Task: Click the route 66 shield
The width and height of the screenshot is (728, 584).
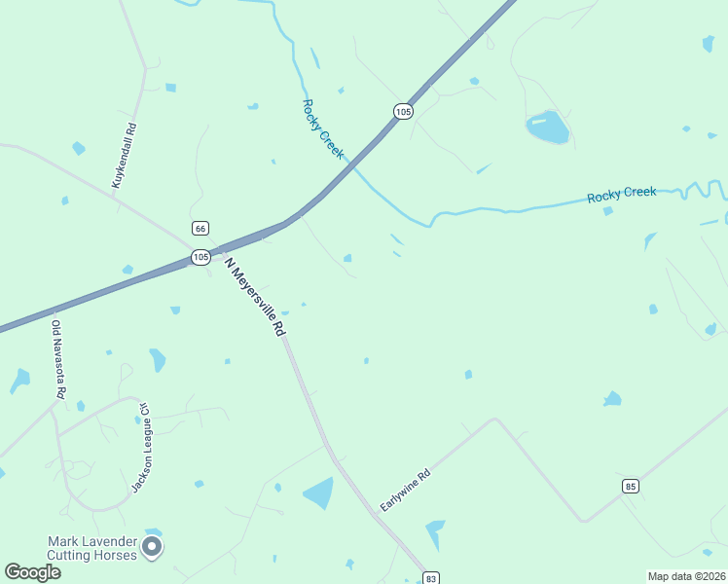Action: click(x=200, y=228)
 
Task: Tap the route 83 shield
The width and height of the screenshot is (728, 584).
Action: click(x=431, y=578)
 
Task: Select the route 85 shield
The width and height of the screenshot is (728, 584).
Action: click(x=632, y=485)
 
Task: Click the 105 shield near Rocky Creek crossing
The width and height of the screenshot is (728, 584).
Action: click(x=403, y=112)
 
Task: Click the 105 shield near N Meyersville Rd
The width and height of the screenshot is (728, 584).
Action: click(x=200, y=257)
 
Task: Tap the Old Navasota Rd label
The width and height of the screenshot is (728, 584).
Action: click(x=58, y=359)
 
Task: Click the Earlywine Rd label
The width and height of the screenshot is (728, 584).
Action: click(x=405, y=492)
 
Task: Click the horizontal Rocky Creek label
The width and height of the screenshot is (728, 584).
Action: click(x=621, y=195)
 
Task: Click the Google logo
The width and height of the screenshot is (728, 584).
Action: click(x=32, y=572)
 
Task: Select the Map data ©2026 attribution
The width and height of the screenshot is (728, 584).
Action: click(x=686, y=575)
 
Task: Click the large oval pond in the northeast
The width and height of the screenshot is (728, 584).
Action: click(x=547, y=127)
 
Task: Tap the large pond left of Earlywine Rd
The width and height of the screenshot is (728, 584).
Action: click(x=319, y=493)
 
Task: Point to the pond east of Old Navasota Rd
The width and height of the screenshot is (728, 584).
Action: click(x=157, y=360)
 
